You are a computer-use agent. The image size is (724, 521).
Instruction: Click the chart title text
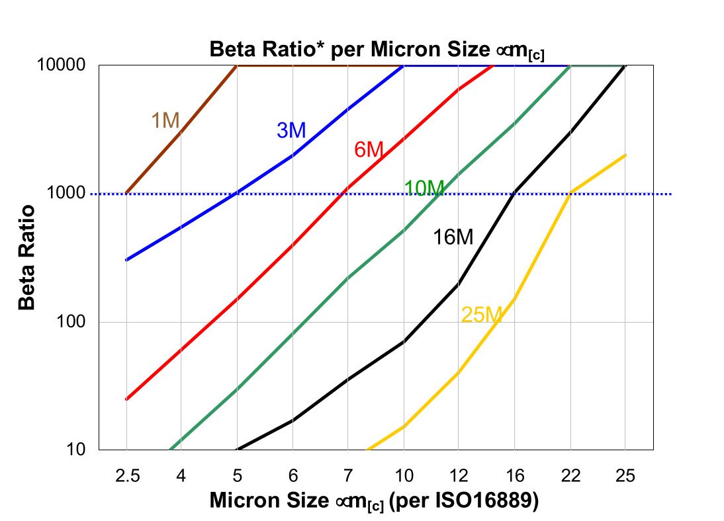pos(377,50)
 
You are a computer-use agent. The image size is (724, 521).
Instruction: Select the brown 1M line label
pos(165,120)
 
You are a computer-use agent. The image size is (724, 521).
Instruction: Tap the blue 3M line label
pos(291,130)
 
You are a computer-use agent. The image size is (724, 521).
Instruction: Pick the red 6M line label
pos(369,149)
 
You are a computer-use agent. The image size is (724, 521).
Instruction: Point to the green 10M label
pos(424,188)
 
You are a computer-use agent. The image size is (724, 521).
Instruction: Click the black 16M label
pos(453,237)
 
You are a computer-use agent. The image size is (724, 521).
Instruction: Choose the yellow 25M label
pos(481,315)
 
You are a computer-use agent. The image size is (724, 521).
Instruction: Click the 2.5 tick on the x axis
pos(126,475)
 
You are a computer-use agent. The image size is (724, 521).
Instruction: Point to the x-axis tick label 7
pos(349,475)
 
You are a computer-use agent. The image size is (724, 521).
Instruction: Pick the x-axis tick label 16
pos(515,475)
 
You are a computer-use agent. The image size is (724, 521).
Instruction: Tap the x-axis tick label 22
pos(570,475)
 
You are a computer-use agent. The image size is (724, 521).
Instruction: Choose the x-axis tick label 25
pos(625,475)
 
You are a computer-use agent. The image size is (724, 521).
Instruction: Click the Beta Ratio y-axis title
pos(27,257)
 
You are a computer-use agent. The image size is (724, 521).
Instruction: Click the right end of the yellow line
pos(625,155)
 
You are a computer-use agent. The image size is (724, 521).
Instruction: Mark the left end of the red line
pos(126,399)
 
